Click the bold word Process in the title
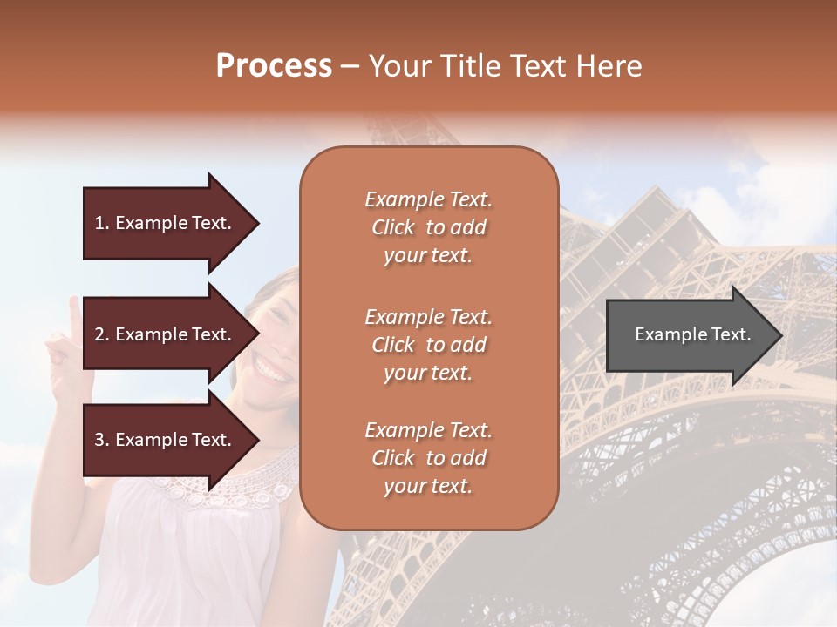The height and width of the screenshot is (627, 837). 274,66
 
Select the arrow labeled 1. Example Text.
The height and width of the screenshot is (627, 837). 166,223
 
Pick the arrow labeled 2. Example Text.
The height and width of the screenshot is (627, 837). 166,334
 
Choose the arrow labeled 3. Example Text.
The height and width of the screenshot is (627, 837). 166,440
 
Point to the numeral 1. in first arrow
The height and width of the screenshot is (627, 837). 102,223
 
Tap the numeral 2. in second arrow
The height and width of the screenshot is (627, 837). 102,334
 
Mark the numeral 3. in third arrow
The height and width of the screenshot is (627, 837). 102,440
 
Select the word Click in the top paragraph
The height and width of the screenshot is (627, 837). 393,227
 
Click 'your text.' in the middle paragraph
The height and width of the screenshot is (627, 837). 428,373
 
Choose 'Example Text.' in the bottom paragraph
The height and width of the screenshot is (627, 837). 428,430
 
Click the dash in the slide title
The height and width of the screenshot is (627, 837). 350,66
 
